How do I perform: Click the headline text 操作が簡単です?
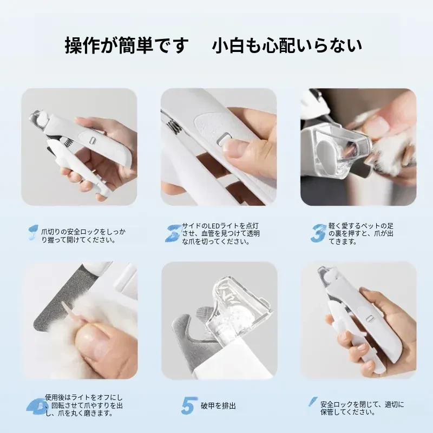coord(127,45)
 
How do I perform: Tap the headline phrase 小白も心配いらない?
coord(287,45)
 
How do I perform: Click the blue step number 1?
coord(34,233)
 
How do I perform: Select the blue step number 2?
coord(173,233)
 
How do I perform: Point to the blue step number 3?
coord(318,234)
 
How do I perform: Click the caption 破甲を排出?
coord(219,406)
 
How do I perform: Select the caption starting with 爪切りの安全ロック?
coord(83,235)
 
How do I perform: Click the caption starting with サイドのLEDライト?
coord(221,234)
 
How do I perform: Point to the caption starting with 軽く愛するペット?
coord(361,234)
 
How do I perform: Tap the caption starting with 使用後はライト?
coord(84,405)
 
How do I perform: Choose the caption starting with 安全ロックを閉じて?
coord(362,409)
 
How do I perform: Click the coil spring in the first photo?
coord(69,143)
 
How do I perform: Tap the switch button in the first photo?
coord(92,140)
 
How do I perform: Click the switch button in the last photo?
coord(369,318)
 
